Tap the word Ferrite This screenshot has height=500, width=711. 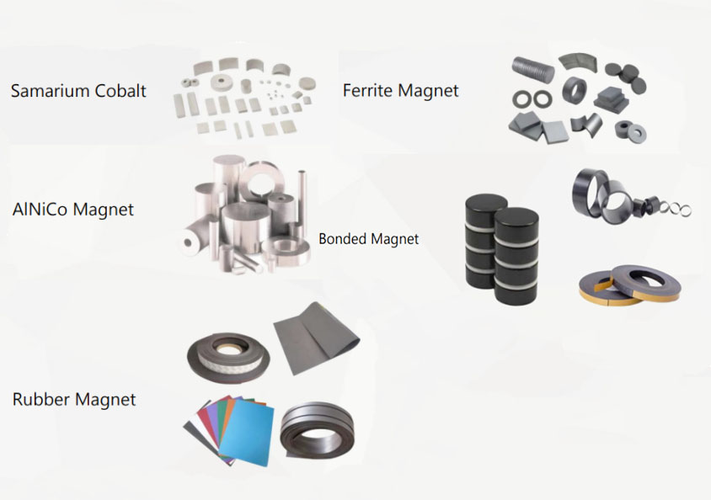(369, 91)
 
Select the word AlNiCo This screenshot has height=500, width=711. (41, 209)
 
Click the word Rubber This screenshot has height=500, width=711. (41, 399)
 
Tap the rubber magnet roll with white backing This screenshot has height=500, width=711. (226, 353)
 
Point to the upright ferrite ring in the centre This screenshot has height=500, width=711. (576, 90)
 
